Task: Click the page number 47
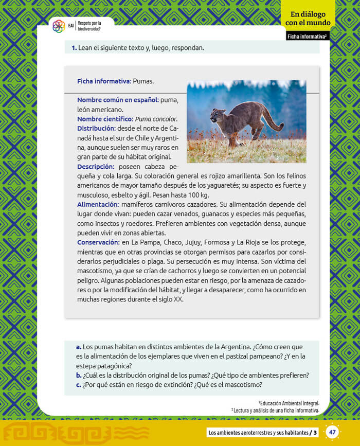pyautogui.click(x=332, y=432)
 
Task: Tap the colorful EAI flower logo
pyautogui.click(x=59, y=26)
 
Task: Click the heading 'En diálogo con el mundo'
pyautogui.click(x=308, y=19)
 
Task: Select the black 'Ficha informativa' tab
pyautogui.click(x=308, y=37)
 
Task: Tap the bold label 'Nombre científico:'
pyautogui.click(x=105, y=119)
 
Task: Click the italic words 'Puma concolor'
pyautogui.click(x=156, y=119)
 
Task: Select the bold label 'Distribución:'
pyautogui.click(x=96, y=128)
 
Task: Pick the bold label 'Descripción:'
pyautogui.click(x=95, y=167)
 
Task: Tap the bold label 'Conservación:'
pyautogui.click(x=98, y=242)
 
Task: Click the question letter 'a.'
pyautogui.click(x=79, y=347)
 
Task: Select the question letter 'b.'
pyautogui.click(x=79, y=375)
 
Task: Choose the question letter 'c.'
pyautogui.click(x=79, y=384)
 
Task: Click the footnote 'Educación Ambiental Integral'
pyautogui.click(x=290, y=403)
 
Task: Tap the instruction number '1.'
pyautogui.click(x=74, y=48)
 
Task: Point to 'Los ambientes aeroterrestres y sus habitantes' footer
pyautogui.click(x=258, y=432)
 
